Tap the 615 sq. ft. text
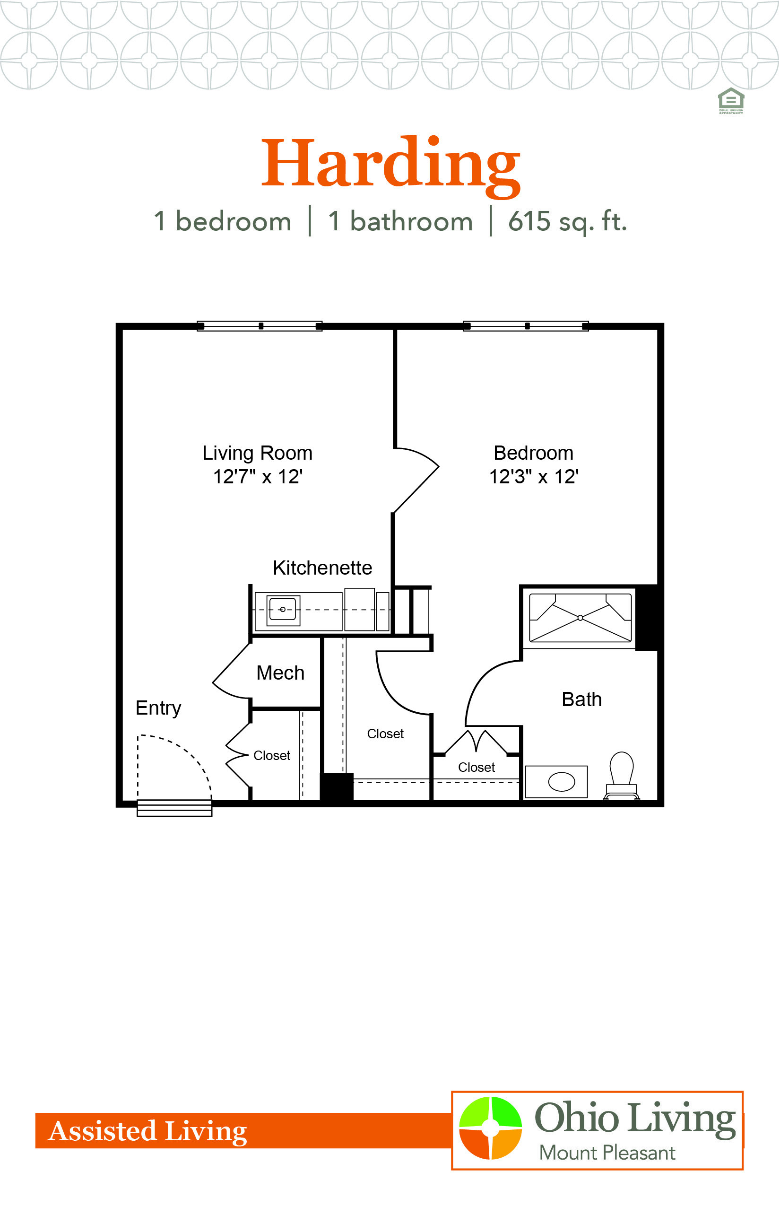567,222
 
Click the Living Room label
257,453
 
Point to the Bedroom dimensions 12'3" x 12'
534,477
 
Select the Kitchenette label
322,568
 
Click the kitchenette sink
283,610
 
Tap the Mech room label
281,673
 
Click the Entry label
158,708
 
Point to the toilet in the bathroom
622,775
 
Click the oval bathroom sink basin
562,781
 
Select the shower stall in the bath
580,618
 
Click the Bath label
581,699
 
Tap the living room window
260,326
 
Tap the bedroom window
526,326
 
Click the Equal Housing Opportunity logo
731,101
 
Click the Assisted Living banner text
147,1131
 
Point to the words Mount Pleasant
607,1153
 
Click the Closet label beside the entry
272,756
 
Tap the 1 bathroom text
400,221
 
